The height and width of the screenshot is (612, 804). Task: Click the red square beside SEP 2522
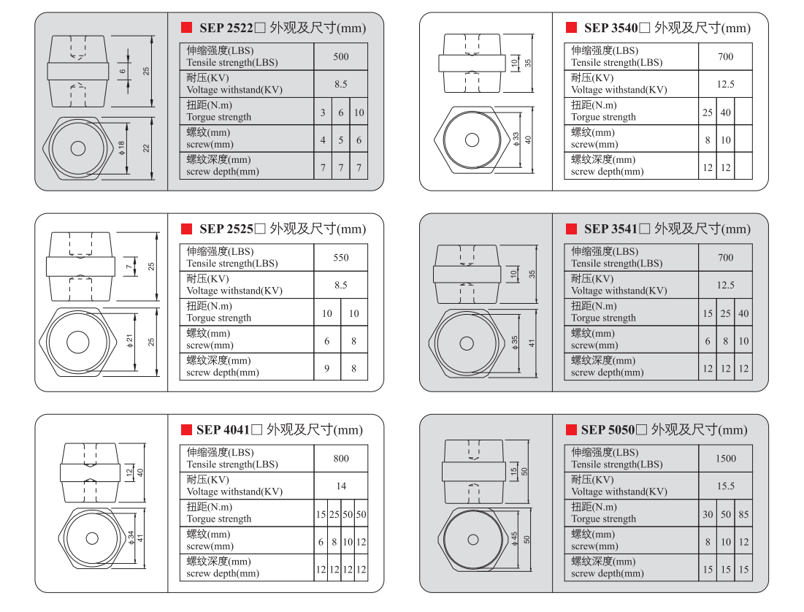pos(186,28)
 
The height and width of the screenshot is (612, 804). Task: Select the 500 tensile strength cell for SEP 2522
pos(341,57)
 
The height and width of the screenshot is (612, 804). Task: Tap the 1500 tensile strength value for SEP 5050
pos(725,459)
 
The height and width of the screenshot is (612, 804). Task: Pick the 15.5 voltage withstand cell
pos(725,486)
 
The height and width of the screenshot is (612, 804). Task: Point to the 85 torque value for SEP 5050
pos(743,514)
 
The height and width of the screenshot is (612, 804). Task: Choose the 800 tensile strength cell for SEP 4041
pos(341,459)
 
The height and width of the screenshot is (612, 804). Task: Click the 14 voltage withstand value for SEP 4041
pos(341,486)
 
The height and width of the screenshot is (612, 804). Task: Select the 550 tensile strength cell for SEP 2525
pos(341,258)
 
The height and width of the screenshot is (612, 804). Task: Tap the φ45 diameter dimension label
pos(515,539)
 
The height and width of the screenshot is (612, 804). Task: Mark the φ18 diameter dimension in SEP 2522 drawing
pos(122,148)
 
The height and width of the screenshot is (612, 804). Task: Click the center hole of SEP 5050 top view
pos(474,539)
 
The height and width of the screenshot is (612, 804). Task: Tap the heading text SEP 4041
pos(223,429)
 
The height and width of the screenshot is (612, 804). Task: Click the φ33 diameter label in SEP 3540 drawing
pos(516,139)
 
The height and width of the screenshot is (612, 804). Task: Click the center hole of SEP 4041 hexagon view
pos(92,538)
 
